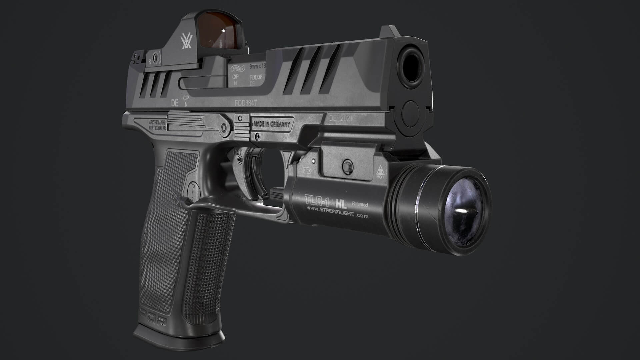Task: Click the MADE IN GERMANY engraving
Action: coord(272,124)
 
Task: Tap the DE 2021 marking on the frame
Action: coord(340,118)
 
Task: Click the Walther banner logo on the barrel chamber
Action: coord(238,69)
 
